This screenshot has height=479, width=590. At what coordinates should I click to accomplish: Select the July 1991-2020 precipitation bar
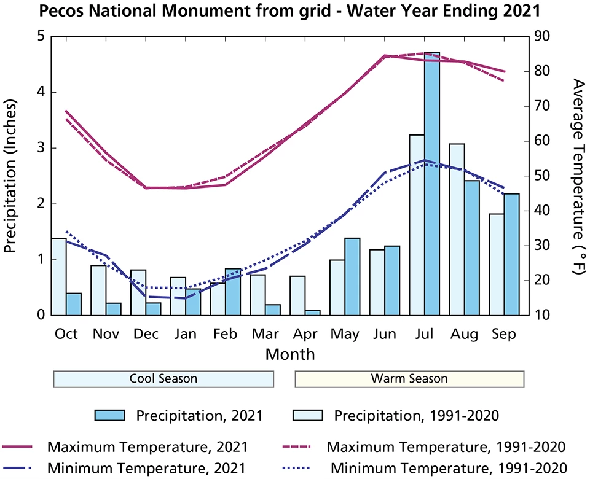tap(417, 225)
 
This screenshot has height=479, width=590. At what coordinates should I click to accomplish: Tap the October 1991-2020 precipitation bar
tap(58, 276)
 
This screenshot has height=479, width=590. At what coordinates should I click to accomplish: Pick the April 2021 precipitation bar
tap(313, 313)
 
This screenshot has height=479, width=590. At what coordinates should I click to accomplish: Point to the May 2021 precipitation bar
tap(352, 276)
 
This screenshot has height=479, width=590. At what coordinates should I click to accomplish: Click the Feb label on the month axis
tap(225, 334)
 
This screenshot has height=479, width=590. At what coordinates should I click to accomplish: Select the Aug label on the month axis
tap(465, 334)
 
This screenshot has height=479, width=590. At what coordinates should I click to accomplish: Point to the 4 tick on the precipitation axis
tap(41, 92)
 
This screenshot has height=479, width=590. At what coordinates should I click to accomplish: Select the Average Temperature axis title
tap(577, 176)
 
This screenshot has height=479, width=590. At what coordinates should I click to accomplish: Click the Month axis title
tap(290, 354)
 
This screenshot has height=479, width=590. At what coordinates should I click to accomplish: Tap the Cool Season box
tap(163, 379)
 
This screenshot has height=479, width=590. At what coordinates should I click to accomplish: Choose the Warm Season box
tap(409, 379)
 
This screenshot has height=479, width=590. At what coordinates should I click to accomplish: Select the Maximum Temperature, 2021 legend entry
tap(148, 445)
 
